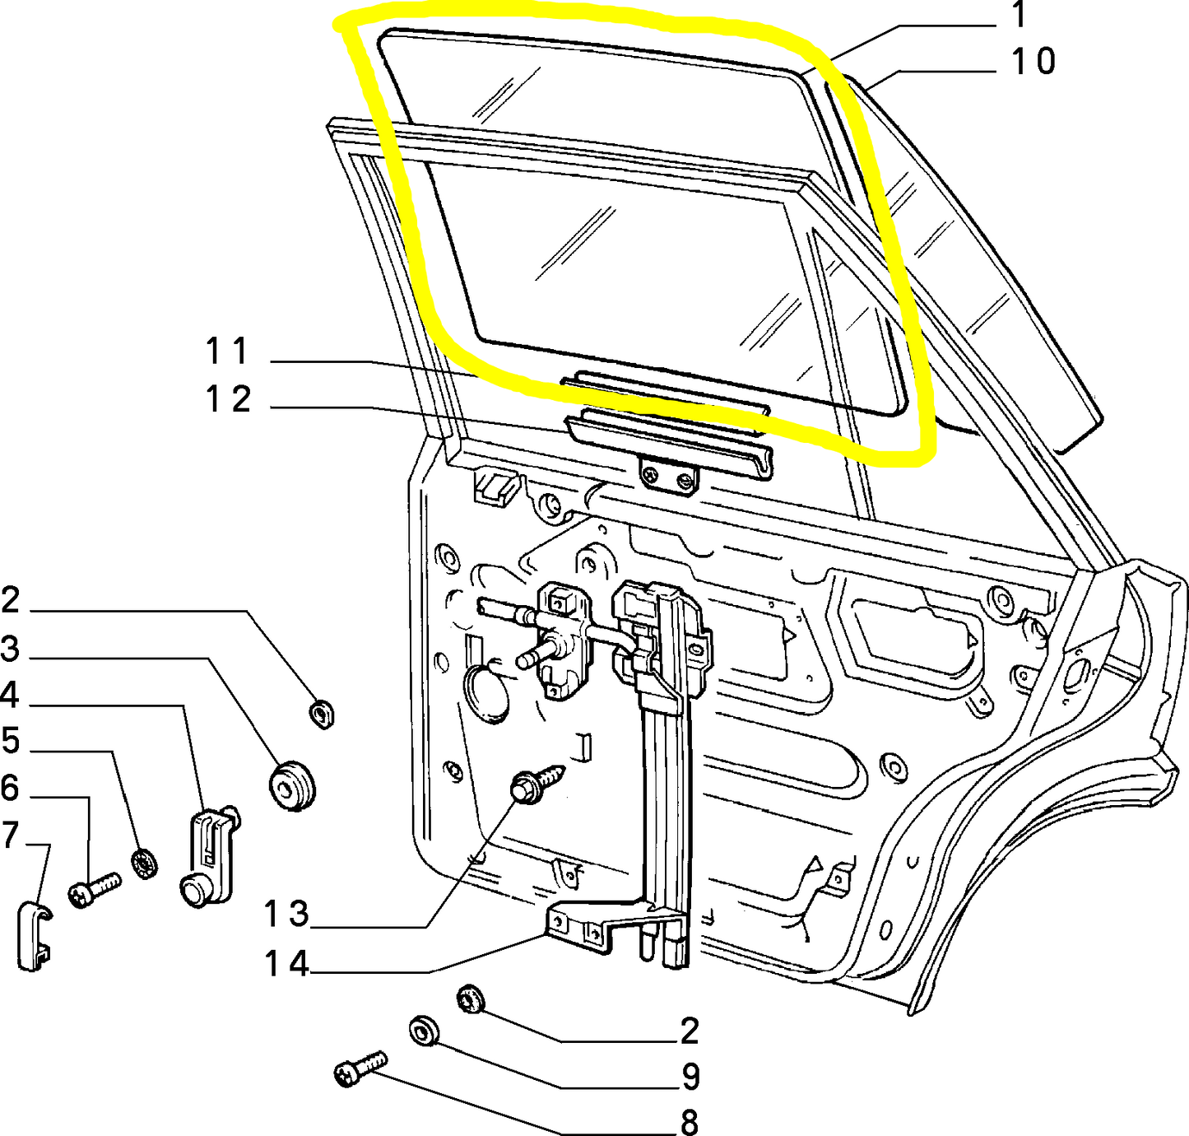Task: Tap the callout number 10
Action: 1033,61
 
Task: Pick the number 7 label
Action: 11,835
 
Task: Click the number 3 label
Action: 11,649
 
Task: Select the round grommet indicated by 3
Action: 292,786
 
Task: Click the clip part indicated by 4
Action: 211,855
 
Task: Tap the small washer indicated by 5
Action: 145,864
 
